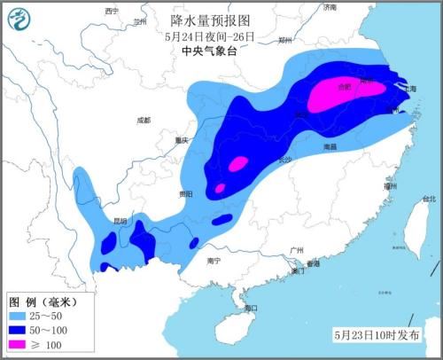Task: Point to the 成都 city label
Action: point(144,120)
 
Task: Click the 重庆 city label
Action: point(183,140)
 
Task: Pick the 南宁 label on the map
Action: point(213,261)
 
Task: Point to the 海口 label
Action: point(250,309)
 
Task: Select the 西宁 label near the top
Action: point(111,11)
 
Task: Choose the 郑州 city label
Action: point(284,40)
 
